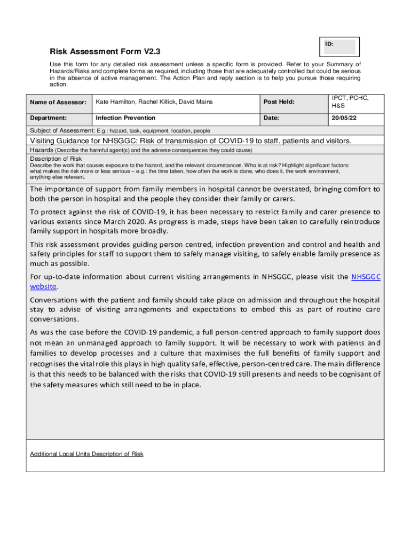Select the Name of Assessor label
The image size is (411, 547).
(58, 102)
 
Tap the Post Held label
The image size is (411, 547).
(279, 102)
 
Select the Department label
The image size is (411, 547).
(49, 118)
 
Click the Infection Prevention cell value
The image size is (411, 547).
(125, 118)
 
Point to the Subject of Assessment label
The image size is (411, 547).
(61, 130)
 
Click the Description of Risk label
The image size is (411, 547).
(56, 159)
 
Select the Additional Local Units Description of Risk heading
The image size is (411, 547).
(86, 454)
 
